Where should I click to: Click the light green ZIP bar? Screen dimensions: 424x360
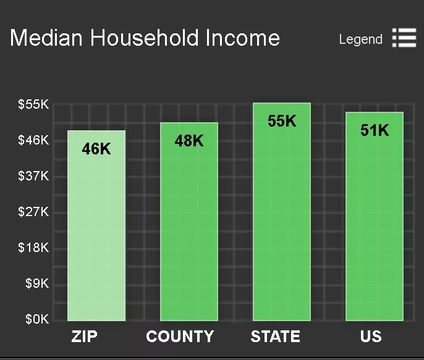point(96,225)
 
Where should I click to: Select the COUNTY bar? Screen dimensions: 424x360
point(189,222)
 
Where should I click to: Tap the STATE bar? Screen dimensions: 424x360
point(282,212)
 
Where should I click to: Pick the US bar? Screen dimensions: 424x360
point(375,216)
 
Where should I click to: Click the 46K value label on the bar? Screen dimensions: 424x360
point(96,149)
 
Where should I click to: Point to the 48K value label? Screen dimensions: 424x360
point(189,141)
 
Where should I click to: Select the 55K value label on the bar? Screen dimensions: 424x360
point(282,120)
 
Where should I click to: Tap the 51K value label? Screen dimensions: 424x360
point(375,130)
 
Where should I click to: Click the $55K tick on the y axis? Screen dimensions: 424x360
point(33,104)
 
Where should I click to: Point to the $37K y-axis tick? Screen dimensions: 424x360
point(33,176)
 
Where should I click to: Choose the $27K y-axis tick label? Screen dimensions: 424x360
point(33,212)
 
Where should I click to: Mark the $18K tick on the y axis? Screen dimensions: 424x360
point(33,248)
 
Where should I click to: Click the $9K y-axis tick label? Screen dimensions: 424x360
point(37,283)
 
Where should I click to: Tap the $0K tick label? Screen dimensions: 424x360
point(37,319)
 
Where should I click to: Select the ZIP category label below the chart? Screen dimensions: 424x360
point(84,337)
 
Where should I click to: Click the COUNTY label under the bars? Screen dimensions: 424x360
point(180,337)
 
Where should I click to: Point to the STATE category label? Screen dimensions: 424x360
point(275,337)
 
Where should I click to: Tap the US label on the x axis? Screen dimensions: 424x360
point(371,337)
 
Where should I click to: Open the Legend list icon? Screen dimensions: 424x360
point(404,38)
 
